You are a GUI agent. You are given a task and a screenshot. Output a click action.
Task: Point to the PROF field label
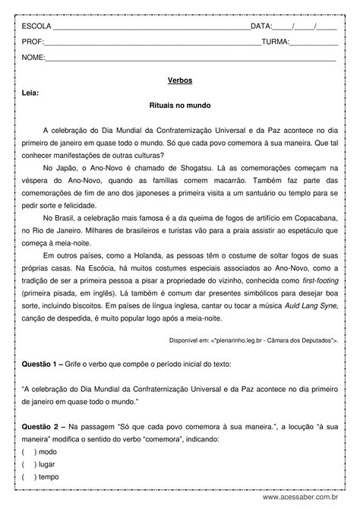tap(33, 42)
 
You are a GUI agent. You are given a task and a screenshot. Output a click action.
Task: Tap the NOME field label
tap(33, 58)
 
